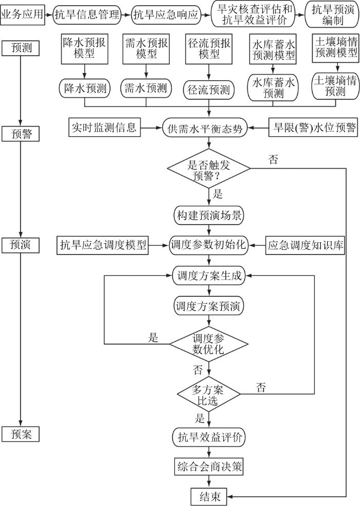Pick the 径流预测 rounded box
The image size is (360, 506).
209,91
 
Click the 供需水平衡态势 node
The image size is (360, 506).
209,128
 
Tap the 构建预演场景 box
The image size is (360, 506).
208,213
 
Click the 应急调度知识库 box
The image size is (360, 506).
306,245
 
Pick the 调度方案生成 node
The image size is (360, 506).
208,275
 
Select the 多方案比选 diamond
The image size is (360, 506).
208,393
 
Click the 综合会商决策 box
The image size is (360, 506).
208,467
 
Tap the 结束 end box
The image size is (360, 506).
208,496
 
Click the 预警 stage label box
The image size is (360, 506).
21,134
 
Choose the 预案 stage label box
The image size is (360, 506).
21,433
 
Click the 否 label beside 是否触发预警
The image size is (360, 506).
273,159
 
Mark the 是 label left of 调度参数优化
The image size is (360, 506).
153,337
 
